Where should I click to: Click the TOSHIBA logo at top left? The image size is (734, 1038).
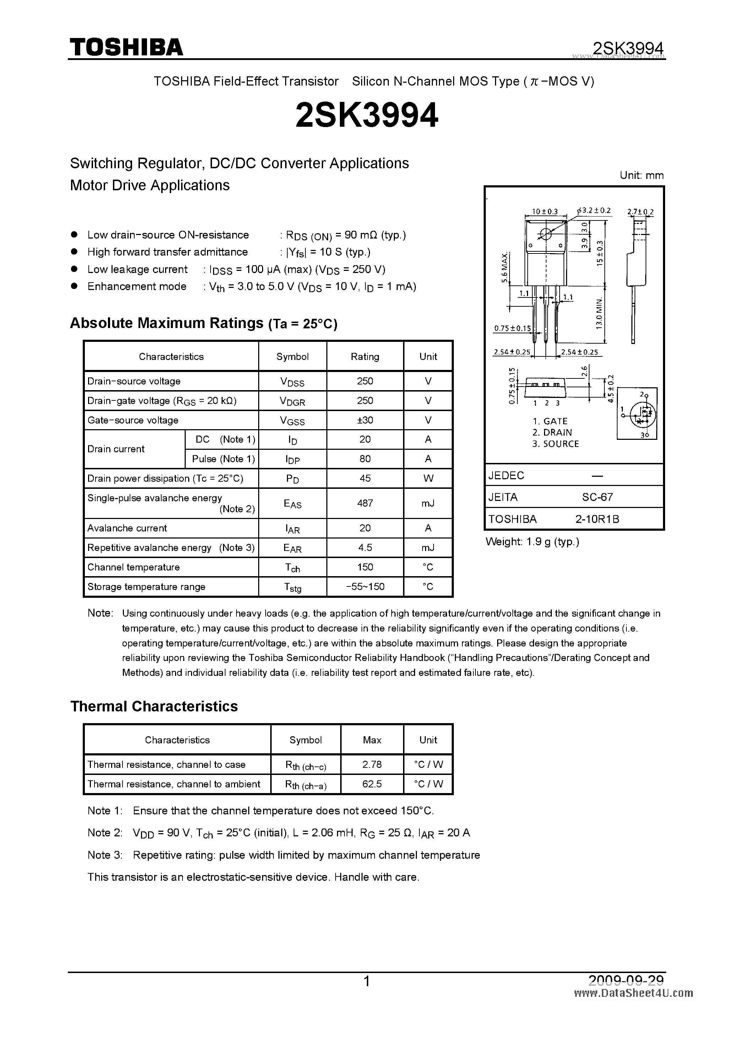(126, 47)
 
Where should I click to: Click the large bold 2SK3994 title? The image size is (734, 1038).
(366, 116)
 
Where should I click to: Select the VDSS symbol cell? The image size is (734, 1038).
(292, 382)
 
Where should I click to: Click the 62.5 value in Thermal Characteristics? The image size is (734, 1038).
(372, 784)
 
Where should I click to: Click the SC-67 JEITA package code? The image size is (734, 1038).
(597, 497)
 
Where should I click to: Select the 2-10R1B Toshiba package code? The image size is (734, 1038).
(597, 519)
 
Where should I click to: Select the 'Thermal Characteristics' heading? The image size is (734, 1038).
(154, 706)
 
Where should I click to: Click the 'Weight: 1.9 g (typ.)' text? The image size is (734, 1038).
(532, 542)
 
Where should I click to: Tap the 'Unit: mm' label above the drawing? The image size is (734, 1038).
(641, 175)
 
